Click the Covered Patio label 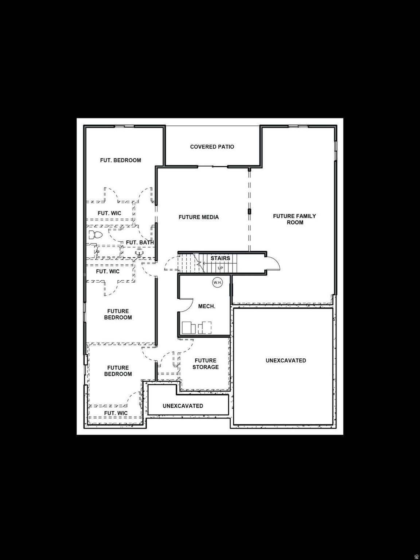coord(212,147)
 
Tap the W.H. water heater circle coord(218,283)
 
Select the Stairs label coord(220,258)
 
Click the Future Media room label coord(199,217)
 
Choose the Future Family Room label coord(295,219)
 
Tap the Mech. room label coord(207,306)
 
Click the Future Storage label coord(206,364)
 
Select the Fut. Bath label coord(140,242)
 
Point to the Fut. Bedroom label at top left coord(121,160)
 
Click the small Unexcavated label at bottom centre coord(183,406)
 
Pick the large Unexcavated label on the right coord(286,361)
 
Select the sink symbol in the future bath coord(139,252)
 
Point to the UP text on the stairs coord(220,268)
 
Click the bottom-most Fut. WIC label coord(116,413)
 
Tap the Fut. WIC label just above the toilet coord(109,213)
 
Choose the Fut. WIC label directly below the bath coord(108,272)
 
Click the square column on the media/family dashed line coord(250,211)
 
